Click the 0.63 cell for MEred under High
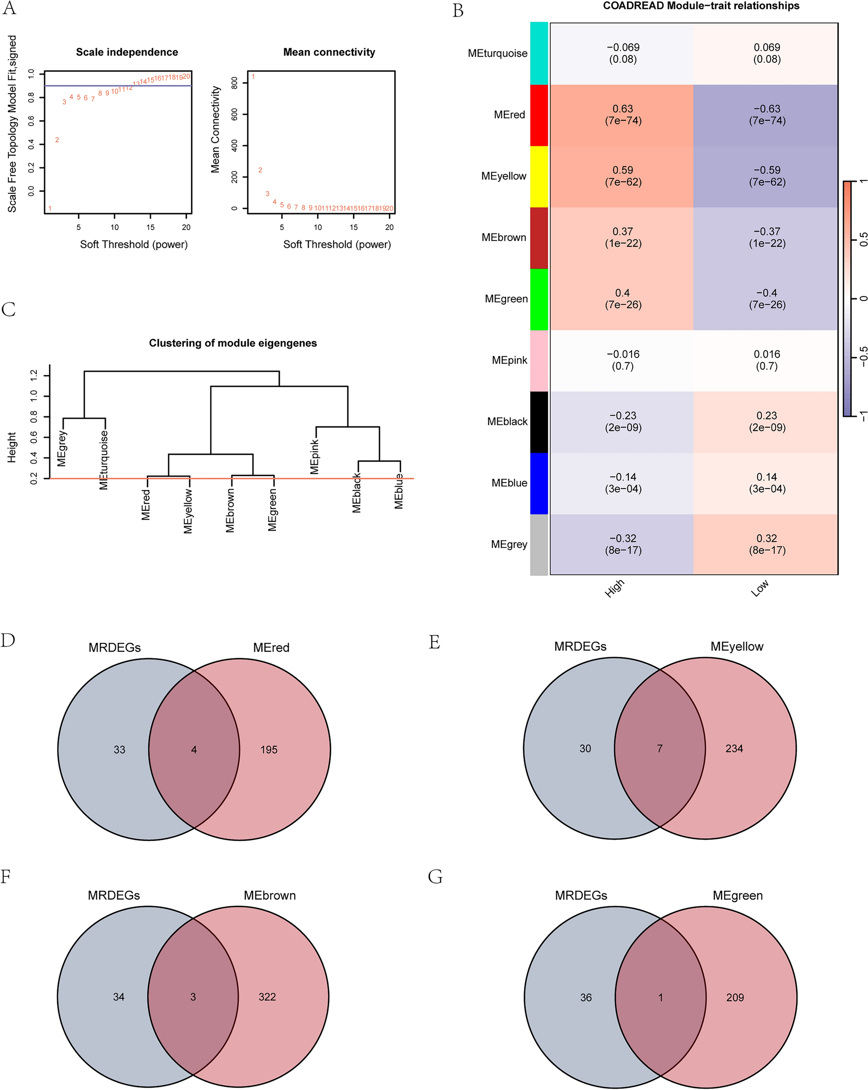click(623, 115)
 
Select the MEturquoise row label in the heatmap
click(497, 54)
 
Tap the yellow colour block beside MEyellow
click(539, 176)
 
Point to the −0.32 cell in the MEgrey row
click(623, 544)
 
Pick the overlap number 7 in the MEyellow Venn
click(659, 748)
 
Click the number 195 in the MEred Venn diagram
click(269, 749)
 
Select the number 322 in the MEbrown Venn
click(267, 996)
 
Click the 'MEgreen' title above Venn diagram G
click(737, 895)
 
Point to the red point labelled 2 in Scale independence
click(57, 140)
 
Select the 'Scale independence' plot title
click(127, 52)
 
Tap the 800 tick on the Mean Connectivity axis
click(234, 83)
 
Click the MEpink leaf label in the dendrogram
click(314, 456)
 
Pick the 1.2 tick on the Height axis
click(34, 375)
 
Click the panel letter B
click(458, 11)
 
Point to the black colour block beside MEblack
click(539, 422)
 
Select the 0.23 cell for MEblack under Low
click(766, 421)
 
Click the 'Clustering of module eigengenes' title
click(233, 343)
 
